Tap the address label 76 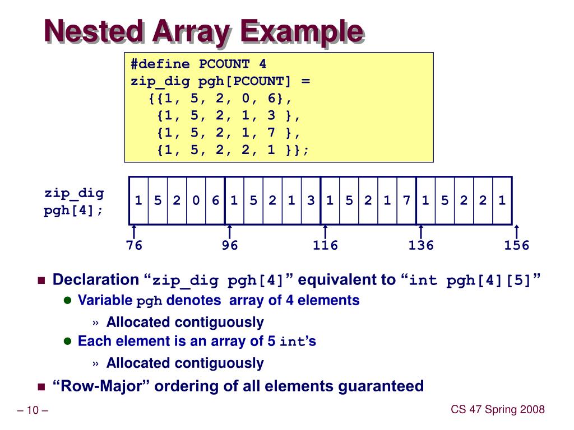(134, 245)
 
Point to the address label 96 (230, 245)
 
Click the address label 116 (326, 245)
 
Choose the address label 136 (421, 245)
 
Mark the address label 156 (516, 245)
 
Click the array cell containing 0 (196, 200)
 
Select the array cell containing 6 (215, 200)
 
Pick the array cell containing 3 (311, 200)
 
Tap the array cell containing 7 (406, 200)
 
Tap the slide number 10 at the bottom (32, 412)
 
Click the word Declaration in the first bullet (95, 280)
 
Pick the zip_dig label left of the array (74, 194)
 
